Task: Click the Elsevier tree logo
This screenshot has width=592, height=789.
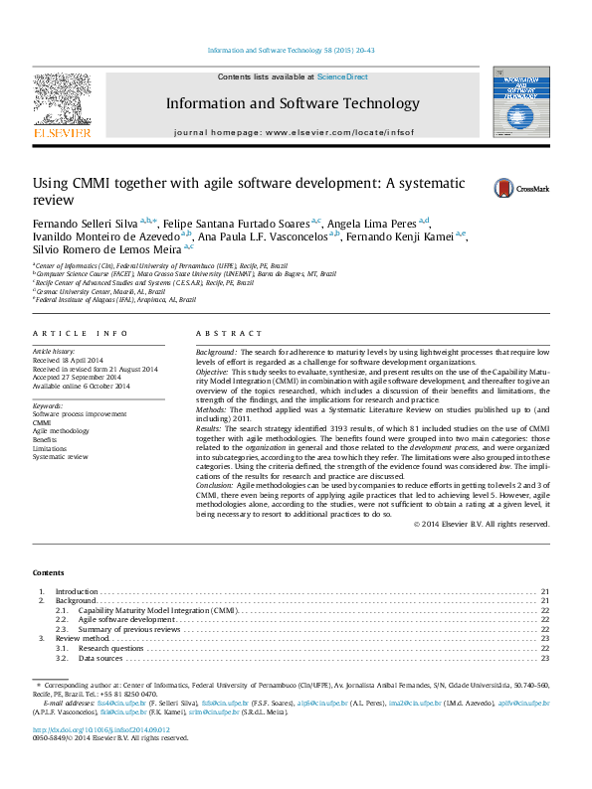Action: pos(62,103)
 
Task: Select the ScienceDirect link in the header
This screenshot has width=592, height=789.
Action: pos(342,77)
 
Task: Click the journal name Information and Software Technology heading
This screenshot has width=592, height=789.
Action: pos(293,103)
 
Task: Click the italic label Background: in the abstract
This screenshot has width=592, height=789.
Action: pos(216,353)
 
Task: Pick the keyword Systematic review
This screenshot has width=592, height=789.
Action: pos(60,457)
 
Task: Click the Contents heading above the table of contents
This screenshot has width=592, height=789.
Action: pos(48,573)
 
